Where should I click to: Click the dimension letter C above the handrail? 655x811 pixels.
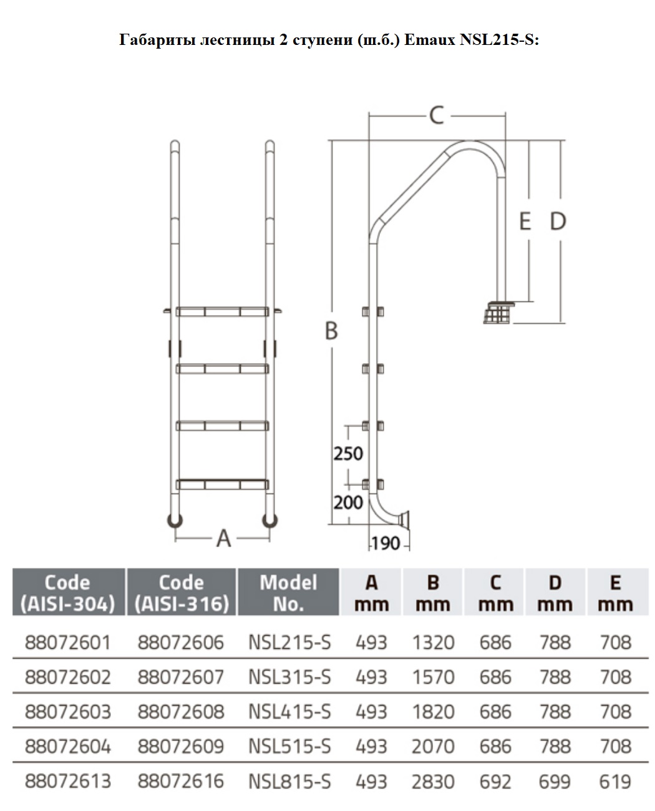436,115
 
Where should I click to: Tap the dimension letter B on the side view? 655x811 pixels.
331,331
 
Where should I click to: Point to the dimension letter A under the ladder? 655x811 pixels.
223,539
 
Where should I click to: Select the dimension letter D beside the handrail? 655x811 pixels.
558,221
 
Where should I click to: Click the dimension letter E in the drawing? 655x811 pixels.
525,221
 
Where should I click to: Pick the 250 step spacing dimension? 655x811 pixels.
348,454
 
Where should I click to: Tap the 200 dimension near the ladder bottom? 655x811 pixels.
348,503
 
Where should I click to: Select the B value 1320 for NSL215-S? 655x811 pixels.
434,643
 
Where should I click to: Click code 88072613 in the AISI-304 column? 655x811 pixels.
68,781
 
